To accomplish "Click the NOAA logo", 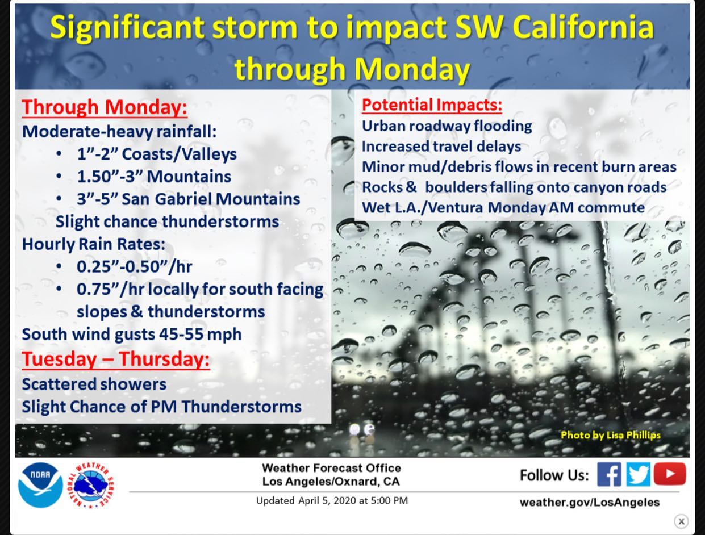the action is pyautogui.click(x=40, y=485).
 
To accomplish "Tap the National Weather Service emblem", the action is pyautogui.click(x=91, y=485).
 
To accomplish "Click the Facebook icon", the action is pyautogui.click(x=609, y=474).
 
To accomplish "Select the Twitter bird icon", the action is pyautogui.click(x=638, y=474).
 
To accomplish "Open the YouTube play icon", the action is pyautogui.click(x=670, y=474).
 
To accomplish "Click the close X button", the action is pyautogui.click(x=681, y=521).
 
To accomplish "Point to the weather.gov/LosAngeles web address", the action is pyautogui.click(x=590, y=502).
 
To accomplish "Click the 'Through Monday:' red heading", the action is pyautogui.click(x=105, y=107).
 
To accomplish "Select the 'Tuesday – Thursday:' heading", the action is pyautogui.click(x=116, y=360).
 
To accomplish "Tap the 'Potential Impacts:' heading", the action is pyautogui.click(x=432, y=105).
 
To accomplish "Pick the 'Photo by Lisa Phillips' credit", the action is pyautogui.click(x=611, y=435).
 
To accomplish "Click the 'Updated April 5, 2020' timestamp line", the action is pyautogui.click(x=332, y=500).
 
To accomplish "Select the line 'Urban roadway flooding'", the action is pyautogui.click(x=447, y=126).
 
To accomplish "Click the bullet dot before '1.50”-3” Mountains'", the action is pyautogui.click(x=59, y=177).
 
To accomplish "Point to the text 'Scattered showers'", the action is pyautogui.click(x=94, y=384).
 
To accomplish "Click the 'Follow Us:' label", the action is pyautogui.click(x=554, y=475).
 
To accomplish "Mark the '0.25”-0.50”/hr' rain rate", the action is pyautogui.click(x=134, y=266).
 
